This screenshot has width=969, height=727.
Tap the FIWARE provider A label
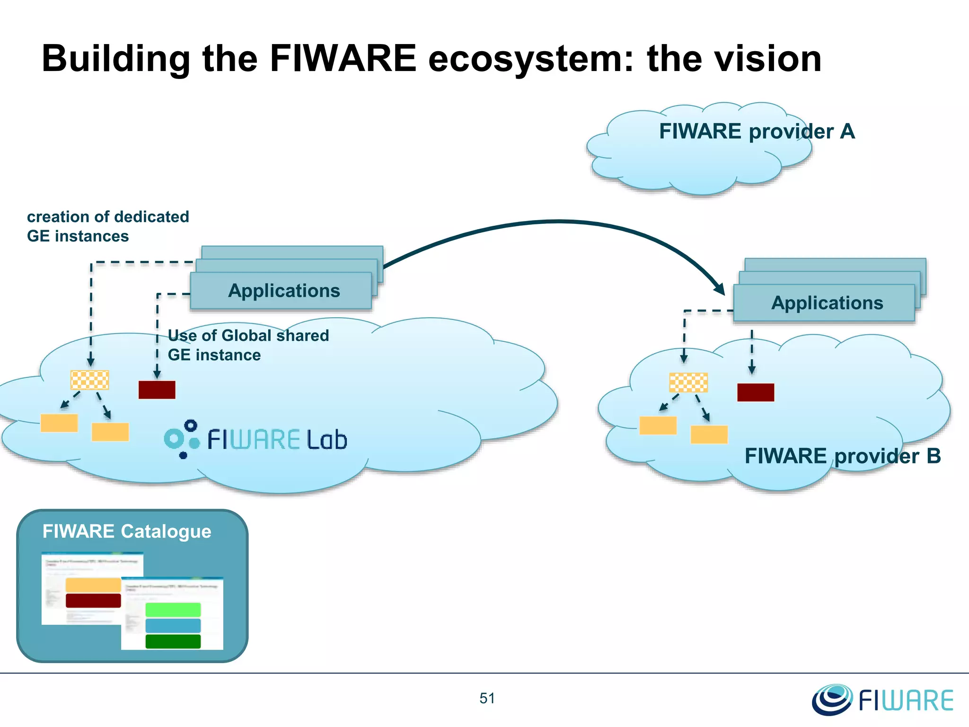757,132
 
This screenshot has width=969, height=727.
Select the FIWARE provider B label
842,456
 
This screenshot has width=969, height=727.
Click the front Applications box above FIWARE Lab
281,291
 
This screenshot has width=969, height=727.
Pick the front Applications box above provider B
824,303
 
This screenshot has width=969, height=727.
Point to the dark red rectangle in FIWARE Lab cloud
157,390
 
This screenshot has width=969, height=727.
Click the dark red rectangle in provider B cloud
755,392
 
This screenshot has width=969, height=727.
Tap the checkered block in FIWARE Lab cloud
89,380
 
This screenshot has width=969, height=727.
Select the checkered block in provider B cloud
688,382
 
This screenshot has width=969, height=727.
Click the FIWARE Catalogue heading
127,532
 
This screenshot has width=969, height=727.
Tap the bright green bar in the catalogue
173,610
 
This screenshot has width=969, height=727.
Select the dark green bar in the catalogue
173,642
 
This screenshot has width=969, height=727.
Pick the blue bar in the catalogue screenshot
173,626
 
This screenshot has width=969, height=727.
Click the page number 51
487,698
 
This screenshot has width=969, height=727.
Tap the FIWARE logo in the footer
883,700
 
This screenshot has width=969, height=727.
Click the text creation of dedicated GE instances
108,226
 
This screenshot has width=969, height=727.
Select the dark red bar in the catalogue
93,601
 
